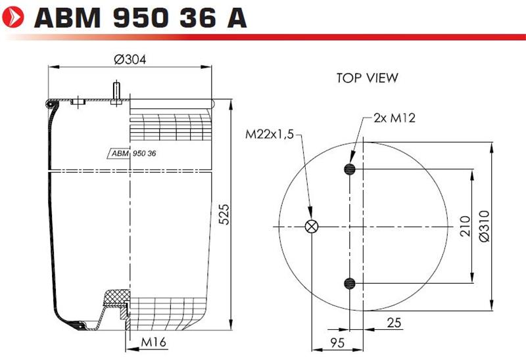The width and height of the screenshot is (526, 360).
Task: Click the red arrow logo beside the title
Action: [x=13, y=17]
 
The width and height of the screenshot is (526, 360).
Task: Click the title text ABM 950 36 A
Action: [x=141, y=18]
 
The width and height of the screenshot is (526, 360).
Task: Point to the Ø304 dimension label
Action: [x=130, y=60]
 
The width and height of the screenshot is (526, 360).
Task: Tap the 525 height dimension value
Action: [x=224, y=214]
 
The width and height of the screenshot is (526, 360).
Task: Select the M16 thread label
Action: [x=154, y=342]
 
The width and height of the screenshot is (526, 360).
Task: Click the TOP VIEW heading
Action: [x=368, y=78]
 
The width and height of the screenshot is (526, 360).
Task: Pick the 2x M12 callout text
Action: [x=394, y=118]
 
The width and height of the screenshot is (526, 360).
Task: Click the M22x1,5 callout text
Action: [x=270, y=135]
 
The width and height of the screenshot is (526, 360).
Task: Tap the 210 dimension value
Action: [x=465, y=226]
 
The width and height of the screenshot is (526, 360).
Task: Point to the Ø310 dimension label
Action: [x=484, y=226]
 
